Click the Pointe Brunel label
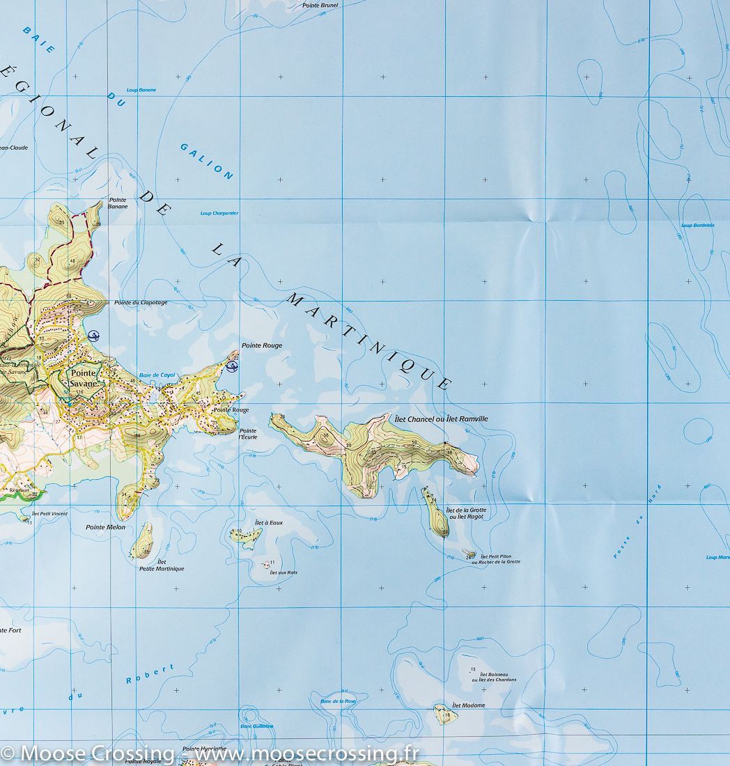pos(320,5)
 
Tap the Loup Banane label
pos(141,90)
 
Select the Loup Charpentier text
pos(219,213)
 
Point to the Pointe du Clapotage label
pos(141,302)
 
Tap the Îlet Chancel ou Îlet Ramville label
pos(441,419)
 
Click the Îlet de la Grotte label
pos(467,513)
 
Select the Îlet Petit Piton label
pos(495,559)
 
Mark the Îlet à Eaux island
pos(246,536)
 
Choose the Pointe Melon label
pos(105,527)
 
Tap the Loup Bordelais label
pos(697,225)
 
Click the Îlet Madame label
pos(468,705)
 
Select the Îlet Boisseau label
pos(493,676)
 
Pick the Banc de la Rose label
pos(338,701)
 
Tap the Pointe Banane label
pos(117,203)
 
